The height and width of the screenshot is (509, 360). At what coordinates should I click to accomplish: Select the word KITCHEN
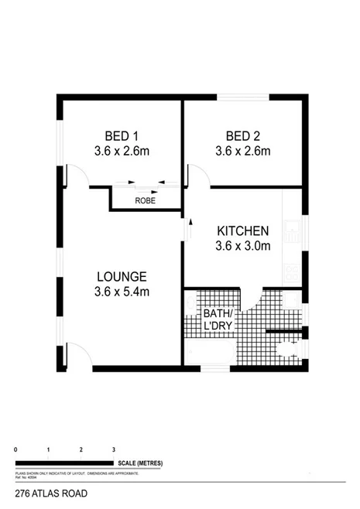click(x=242, y=231)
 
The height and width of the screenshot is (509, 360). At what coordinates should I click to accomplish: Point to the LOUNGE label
click(x=122, y=276)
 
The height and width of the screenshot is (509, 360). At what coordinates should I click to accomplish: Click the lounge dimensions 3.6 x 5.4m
click(x=122, y=292)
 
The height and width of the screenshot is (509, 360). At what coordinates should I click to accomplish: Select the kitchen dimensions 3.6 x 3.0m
click(x=242, y=247)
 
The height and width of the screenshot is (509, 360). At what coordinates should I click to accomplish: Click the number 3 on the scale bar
click(x=114, y=449)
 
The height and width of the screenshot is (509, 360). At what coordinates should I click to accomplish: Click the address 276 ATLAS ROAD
click(x=51, y=493)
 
